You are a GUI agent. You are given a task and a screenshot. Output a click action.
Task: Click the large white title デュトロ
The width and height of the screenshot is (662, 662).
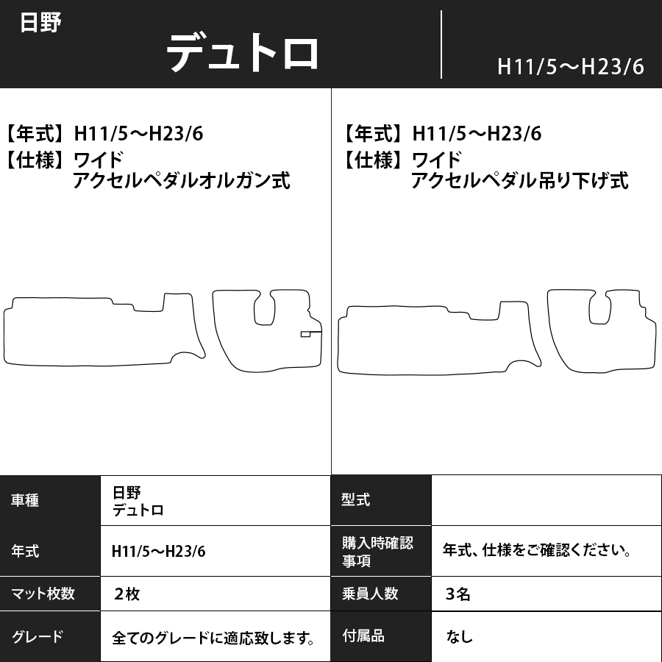243,52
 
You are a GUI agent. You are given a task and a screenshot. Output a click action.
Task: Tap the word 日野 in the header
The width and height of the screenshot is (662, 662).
40,22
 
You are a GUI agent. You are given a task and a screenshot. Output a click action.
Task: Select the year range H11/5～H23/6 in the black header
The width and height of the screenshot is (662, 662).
570,66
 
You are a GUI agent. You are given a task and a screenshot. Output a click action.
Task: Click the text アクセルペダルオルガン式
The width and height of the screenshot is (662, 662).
182,180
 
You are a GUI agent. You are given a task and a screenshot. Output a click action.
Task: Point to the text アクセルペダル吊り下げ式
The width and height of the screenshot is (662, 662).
520,180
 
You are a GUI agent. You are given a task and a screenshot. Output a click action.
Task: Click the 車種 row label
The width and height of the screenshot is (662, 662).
26,500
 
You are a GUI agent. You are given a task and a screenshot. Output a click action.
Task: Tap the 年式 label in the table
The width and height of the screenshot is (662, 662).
26,552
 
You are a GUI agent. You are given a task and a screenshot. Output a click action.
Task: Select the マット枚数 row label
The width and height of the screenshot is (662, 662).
43,594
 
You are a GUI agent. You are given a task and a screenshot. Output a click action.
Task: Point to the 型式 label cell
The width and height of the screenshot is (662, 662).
356,500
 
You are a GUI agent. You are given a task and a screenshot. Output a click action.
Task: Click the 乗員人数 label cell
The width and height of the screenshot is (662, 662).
370,594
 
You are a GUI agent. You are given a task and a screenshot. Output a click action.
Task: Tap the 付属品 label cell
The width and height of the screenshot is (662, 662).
363,636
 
